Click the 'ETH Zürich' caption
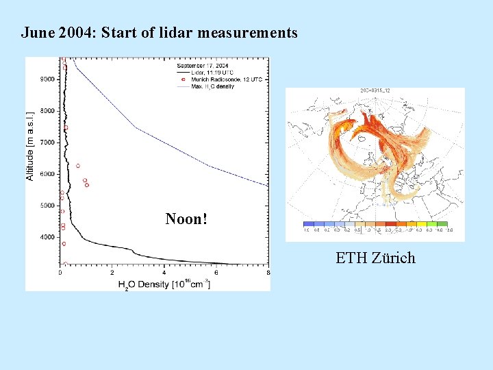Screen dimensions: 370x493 tap(375, 258)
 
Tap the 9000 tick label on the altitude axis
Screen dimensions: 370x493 tap(47, 79)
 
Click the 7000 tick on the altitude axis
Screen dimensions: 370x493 tap(47, 143)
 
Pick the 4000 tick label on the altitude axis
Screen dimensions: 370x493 tap(47, 237)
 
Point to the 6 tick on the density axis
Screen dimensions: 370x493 tap(216, 272)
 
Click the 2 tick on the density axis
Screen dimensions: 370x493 tap(112, 272)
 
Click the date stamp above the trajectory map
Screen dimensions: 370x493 tap(375, 91)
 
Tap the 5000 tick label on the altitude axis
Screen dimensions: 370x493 tap(47, 206)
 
